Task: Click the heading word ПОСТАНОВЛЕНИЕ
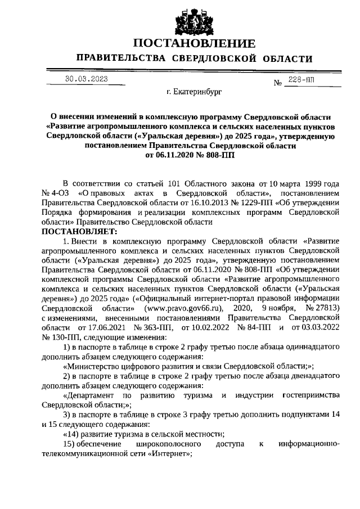point(194,43)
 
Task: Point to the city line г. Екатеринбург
point(195,90)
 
